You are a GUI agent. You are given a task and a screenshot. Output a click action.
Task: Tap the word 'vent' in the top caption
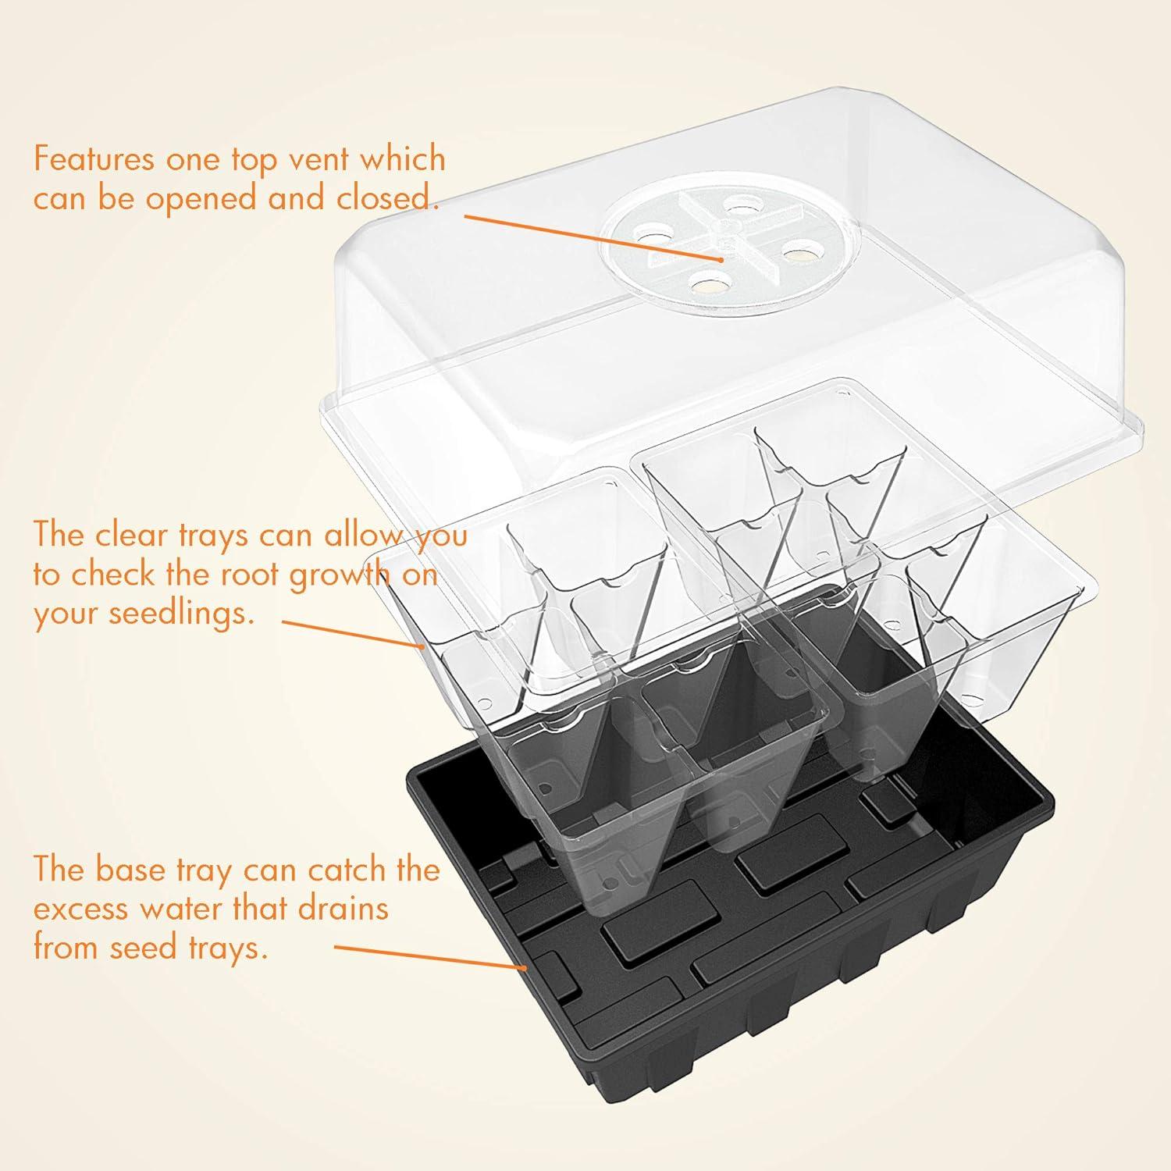[308, 159]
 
